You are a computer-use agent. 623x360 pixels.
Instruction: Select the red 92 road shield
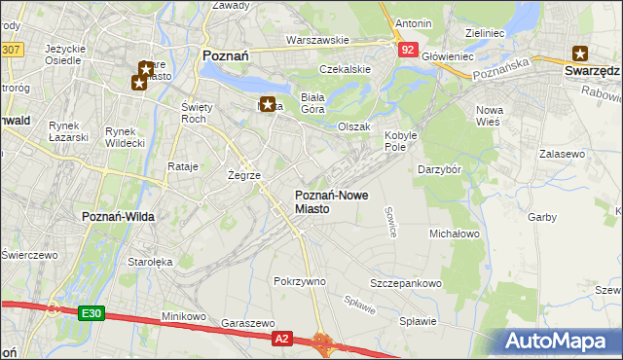point(408,48)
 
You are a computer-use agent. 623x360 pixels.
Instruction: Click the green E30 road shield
point(91,312)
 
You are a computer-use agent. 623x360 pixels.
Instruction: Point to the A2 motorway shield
point(281,338)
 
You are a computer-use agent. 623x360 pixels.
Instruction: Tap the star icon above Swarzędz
point(581,54)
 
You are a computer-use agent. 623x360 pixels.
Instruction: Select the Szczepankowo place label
point(406,283)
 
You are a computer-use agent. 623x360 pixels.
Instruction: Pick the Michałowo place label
point(455,234)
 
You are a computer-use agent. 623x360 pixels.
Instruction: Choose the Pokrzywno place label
point(300,281)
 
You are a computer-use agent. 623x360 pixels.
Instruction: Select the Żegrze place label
point(243,175)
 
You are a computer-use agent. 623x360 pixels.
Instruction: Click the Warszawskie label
point(316,40)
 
